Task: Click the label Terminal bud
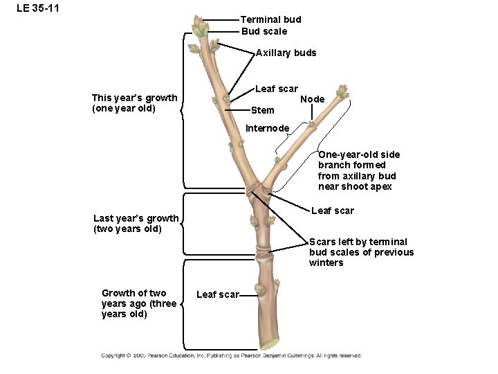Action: pos(270,19)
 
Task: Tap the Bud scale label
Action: pos(264,31)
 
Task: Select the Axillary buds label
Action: pos(286,53)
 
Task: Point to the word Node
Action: pos(312,99)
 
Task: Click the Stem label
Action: pos(263,110)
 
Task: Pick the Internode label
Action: pos(268,128)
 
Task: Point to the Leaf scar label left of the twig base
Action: pos(217,295)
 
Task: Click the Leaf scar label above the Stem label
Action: pos(276,89)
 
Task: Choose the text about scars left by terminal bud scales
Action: pos(361,252)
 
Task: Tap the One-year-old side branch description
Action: pos(358,170)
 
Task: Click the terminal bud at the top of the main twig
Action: pos(201,28)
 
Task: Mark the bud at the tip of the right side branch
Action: pos(341,91)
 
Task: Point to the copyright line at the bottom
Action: pos(231,356)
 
